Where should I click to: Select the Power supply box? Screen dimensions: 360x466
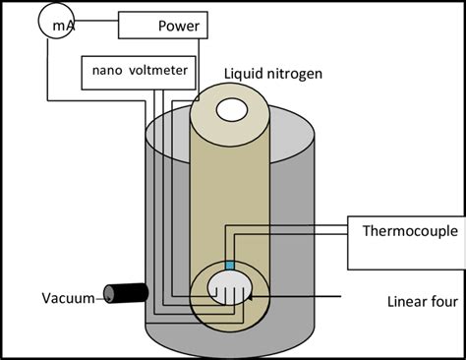pos(164,26)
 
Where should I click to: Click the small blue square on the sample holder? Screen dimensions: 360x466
pos(230,266)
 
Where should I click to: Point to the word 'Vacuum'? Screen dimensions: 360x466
pos(67,298)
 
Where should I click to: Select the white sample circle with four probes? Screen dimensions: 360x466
pos(230,291)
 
